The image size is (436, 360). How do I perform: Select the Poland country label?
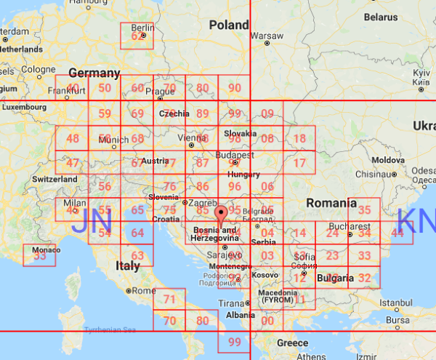point(229,25)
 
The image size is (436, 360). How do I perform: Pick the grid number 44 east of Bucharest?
point(397,233)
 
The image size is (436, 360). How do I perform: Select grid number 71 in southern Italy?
point(170,299)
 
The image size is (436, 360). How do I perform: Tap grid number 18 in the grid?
point(299,139)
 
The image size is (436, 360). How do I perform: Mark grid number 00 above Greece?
point(267,321)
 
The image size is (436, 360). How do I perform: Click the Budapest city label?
point(234,156)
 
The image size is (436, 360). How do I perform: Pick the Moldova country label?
point(383,159)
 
